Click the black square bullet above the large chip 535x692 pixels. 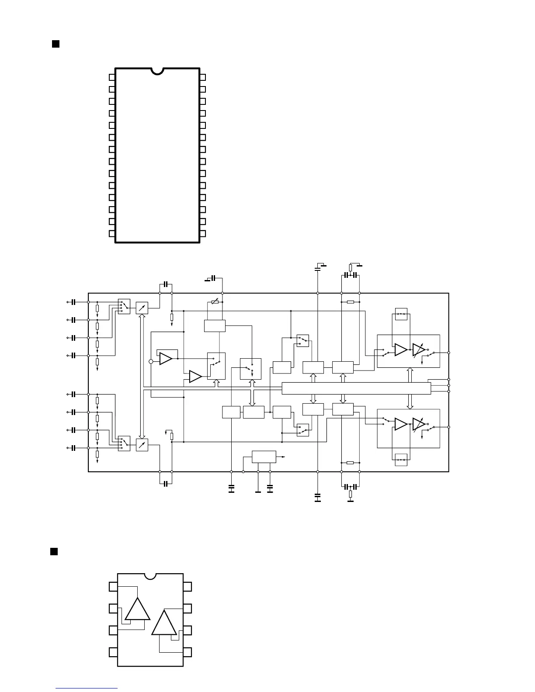click(56, 44)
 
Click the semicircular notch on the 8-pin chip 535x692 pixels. click(150, 576)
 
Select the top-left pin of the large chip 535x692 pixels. click(112, 77)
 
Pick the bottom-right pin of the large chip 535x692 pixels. click(202, 233)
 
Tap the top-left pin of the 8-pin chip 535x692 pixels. click(113, 586)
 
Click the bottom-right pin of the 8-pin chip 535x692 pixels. click(188, 652)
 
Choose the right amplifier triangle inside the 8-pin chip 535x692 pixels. click(164, 623)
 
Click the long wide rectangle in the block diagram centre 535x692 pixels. click(356, 388)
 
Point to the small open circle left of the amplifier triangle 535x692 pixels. click(151, 361)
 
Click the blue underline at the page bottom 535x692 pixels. click(87, 689)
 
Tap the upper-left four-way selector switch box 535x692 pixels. click(124, 306)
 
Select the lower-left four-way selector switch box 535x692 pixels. click(124, 443)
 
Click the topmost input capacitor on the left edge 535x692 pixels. click(74, 302)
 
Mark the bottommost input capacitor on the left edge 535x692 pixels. click(74, 448)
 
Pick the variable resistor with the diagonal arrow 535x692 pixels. click(215, 302)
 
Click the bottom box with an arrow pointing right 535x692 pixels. click(264, 457)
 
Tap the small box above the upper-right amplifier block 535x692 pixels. click(401, 314)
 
